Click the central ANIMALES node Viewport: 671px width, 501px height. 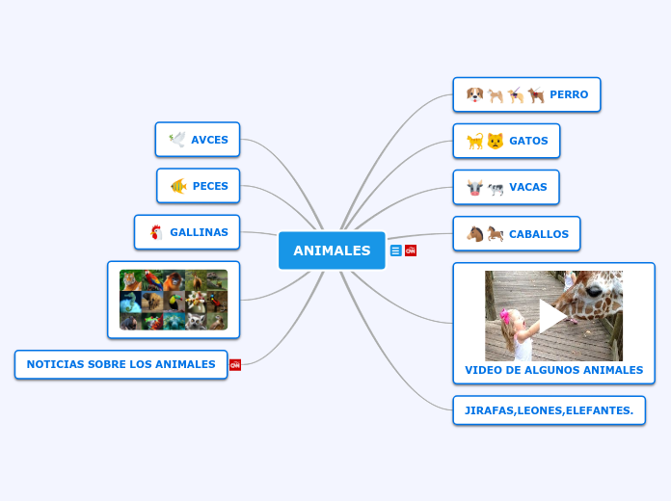pos(332,250)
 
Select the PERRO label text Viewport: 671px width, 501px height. pos(569,94)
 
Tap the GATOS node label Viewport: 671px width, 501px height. pos(528,141)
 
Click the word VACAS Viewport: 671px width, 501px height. pos(528,187)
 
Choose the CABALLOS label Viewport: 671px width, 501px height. pos(539,234)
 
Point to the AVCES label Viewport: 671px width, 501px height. pos(209,140)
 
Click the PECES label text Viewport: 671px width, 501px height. pos(210,186)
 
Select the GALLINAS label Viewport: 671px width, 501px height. pos(199,232)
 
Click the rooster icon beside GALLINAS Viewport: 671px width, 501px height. pos(155,232)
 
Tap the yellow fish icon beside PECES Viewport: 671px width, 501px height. pos(178,186)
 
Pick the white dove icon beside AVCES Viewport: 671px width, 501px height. pos(176,140)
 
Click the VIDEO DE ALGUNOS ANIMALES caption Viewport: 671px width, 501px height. pos(553,370)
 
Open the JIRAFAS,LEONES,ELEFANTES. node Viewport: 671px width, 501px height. pos(549,410)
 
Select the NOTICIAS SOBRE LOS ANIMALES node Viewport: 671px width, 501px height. pos(121,364)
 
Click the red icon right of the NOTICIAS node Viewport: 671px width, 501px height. pos(235,364)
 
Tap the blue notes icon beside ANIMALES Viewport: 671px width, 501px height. pos(395,250)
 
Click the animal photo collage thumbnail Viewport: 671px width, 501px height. pos(174,300)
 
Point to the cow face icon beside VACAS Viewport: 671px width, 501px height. pos(473,187)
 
